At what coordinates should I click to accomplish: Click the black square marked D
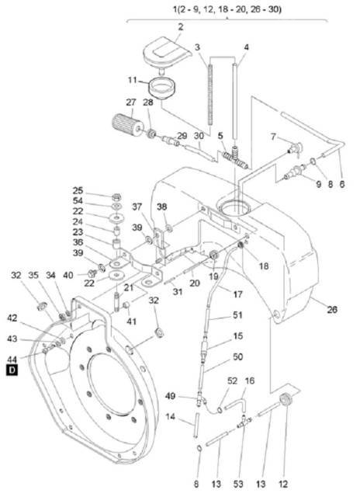coord(12,370)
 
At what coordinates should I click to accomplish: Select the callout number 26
coord(332,309)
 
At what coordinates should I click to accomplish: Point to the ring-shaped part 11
coord(162,88)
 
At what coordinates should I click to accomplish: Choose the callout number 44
coord(12,360)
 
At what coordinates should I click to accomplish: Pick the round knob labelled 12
coord(286,398)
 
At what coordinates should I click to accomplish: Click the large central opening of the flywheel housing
coord(112,384)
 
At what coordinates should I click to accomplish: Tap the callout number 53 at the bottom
coord(237,484)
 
